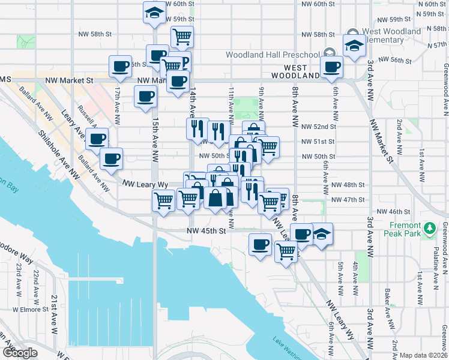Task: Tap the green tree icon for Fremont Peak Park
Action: click(x=429, y=228)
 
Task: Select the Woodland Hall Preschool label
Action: click(x=273, y=55)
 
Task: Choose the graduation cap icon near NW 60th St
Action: click(x=154, y=12)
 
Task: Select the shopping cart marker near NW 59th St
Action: click(x=182, y=36)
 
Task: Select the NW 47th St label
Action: click(x=348, y=199)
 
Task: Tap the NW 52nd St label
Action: click(x=319, y=127)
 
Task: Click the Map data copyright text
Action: click(x=424, y=355)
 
